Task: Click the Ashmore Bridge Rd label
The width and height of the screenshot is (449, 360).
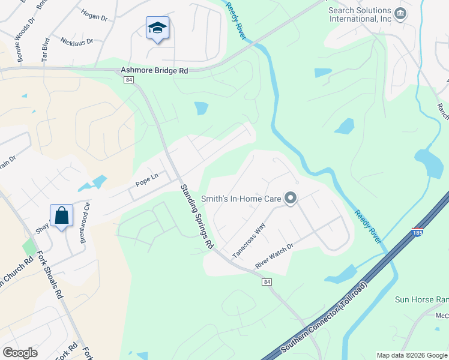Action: (154, 70)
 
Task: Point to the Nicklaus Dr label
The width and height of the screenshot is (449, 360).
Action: (77, 41)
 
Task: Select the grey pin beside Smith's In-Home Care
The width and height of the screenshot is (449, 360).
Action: (291, 198)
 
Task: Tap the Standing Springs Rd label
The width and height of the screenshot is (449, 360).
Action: (197, 217)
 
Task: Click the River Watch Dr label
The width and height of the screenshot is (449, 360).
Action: (274, 255)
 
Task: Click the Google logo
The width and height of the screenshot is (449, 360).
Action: (20, 353)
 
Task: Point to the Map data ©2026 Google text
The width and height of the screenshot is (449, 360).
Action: (411, 355)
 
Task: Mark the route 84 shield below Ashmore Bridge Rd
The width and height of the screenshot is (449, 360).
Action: (128, 80)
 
